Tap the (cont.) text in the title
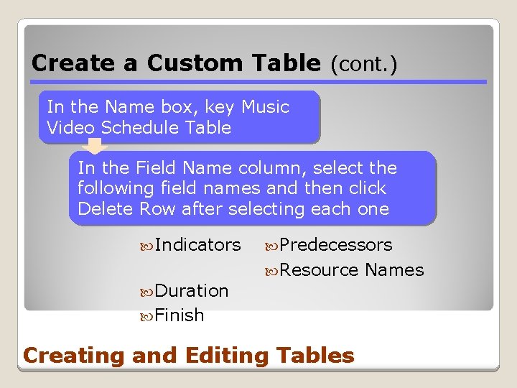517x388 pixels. coord(363,64)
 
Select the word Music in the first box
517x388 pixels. coord(265,108)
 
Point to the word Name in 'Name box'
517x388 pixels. coord(129,108)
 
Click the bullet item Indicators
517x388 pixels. coord(197,245)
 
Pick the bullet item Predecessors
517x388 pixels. coord(335,245)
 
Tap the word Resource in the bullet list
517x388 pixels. coord(319,270)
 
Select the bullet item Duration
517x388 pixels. coord(191,291)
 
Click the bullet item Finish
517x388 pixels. coord(179,315)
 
